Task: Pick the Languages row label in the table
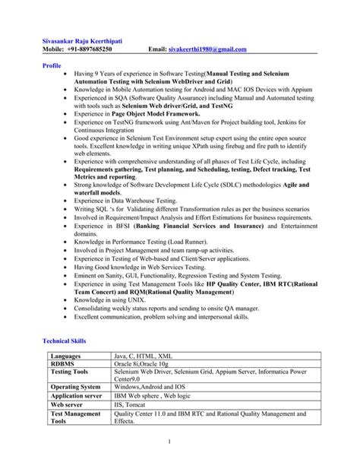coord(67,356)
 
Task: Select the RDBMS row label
coord(63,364)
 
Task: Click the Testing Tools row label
coord(70,372)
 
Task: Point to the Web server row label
coord(69,405)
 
